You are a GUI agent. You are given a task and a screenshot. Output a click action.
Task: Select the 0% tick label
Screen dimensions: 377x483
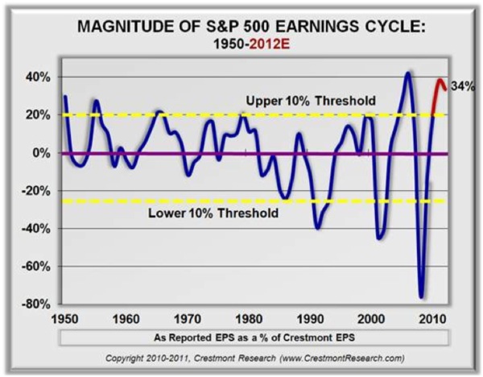click(43, 153)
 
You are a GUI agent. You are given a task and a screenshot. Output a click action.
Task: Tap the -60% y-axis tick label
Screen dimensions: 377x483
click(38, 267)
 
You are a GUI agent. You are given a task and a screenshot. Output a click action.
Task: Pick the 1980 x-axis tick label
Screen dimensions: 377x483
click(248, 317)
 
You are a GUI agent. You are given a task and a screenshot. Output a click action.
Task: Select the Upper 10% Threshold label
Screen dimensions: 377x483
click(311, 101)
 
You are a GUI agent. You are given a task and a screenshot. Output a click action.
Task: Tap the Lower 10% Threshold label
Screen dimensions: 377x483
click(213, 213)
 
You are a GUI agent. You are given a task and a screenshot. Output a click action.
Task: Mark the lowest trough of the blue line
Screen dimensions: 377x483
click(420, 296)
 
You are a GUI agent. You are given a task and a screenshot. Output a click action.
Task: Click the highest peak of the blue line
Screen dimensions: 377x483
click(408, 73)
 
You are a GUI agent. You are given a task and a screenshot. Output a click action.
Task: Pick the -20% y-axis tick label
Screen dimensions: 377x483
click(38, 191)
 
